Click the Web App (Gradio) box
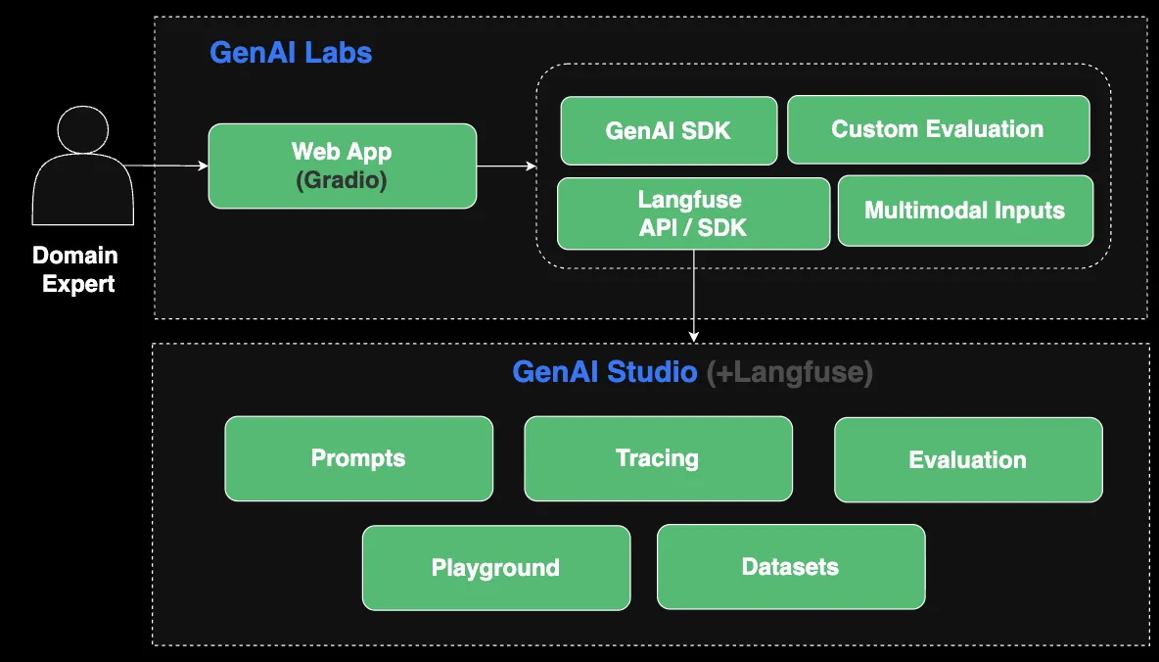(343, 165)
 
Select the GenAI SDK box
(669, 130)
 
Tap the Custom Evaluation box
(938, 129)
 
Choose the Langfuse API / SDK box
(693, 213)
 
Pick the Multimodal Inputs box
(965, 211)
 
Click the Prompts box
(358, 458)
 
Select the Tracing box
(658, 458)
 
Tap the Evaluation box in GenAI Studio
(968, 460)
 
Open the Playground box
(496, 568)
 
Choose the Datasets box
(791, 566)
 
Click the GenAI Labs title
(291, 52)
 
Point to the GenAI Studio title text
(605, 373)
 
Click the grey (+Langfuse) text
(789, 373)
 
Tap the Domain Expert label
(74, 270)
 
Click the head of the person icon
(83, 131)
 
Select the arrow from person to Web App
(166, 166)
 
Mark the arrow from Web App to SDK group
(506, 166)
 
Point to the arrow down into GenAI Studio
(694, 294)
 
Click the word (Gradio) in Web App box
(343, 180)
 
